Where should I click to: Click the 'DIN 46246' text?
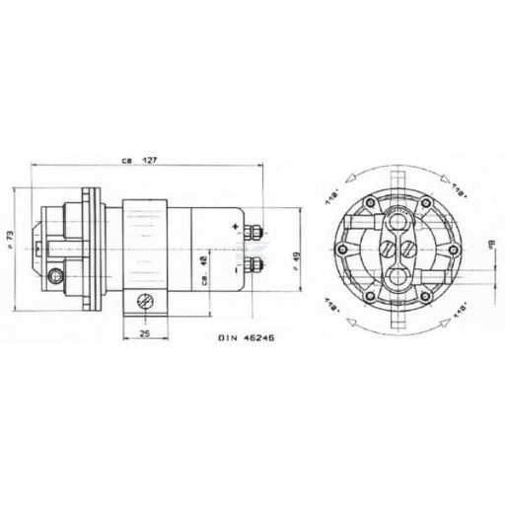point(247,337)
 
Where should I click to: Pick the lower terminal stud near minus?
point(253,263)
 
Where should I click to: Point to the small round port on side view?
point(53,273)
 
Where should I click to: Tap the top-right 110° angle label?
point(457,186)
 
